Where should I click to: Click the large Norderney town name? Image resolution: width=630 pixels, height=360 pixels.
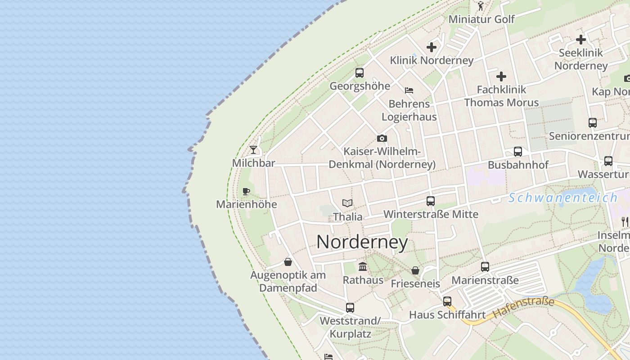tap(362, 242)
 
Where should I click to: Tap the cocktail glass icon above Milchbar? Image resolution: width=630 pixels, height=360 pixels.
tap(253, 149)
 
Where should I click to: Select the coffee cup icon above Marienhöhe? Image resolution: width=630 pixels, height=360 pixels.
tap(246, 191)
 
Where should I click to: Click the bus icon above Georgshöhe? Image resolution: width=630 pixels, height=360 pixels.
tap(359, 72)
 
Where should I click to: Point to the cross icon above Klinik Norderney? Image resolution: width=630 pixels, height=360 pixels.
tap(432, 47)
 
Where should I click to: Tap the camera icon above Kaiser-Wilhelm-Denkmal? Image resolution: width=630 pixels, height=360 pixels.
tap(382, 138)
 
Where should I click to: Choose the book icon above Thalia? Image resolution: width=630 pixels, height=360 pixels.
tap(347, 203)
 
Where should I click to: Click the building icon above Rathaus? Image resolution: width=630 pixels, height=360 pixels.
tap(363, 267)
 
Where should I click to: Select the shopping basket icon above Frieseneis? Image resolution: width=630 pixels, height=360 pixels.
tap(415, 270)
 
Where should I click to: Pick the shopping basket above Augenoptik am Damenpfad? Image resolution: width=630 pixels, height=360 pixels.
tap(288, 262)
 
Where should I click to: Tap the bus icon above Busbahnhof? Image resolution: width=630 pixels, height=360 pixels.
tap(518, 152)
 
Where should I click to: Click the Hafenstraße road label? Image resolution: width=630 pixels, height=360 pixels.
tap(523, 308)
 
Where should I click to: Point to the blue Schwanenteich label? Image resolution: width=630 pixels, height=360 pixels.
tap(563, 198)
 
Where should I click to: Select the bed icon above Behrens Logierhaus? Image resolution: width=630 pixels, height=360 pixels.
tap(409, 90)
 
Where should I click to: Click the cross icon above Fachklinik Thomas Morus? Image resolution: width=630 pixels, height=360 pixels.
tap(501, 76)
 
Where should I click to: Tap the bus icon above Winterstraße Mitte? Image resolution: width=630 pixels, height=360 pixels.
tap(431, 201)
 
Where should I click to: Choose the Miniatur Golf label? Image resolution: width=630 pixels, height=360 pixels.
tap(481, 19)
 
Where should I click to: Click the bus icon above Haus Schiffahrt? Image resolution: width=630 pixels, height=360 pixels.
tap(447, 301)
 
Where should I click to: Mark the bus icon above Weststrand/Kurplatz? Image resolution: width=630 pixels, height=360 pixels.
tap(350, 308)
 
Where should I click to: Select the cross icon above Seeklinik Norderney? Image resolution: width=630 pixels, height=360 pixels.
tap(581, 39)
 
